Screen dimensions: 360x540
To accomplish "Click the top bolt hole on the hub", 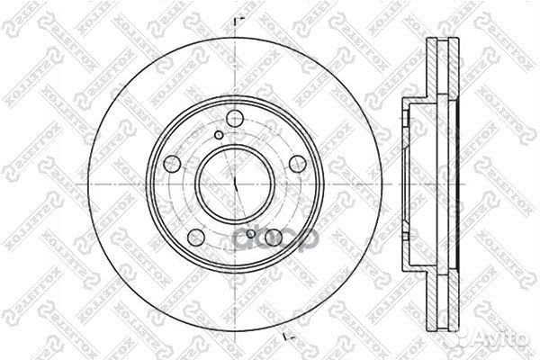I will [234, 118].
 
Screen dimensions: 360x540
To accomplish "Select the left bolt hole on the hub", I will [173, 165].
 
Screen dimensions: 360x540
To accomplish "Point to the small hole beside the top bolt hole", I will [219, 136].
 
